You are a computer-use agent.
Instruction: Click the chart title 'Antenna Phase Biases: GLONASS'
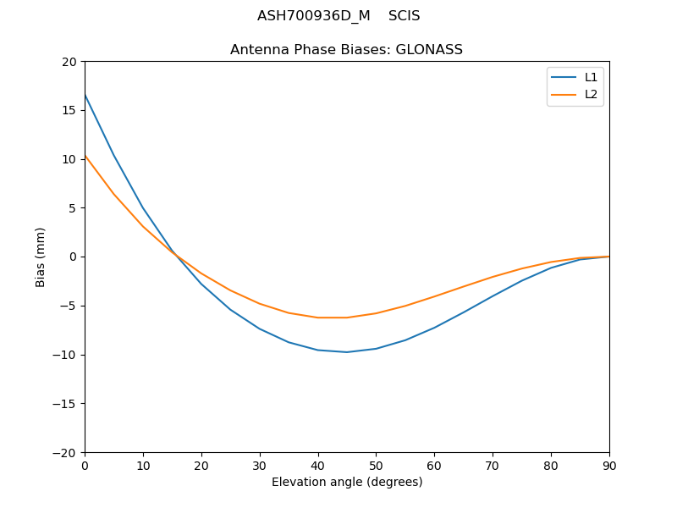(346, 50)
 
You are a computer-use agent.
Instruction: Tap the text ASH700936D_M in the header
(313, 16)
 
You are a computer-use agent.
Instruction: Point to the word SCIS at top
(404, 16)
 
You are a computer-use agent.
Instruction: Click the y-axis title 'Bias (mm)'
(41, 257)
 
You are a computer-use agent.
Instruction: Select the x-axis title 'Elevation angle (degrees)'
(346, 482)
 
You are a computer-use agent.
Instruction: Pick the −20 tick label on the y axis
(63, 452)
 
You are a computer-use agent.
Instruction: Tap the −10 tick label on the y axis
(63, 355)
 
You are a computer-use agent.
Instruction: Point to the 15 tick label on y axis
(69, 110)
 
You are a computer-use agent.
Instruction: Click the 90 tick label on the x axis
(608, 465)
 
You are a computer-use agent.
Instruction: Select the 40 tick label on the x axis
(317, 465)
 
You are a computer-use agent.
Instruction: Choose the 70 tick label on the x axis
(493, 465)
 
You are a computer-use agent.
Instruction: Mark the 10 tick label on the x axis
(143, 465)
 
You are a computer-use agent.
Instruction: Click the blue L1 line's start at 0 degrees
(85, 95)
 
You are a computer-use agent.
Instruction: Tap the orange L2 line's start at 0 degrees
(85, 156)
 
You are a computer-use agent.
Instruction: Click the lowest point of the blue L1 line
(347, 352)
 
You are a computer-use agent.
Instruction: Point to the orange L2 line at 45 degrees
(347, 317)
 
